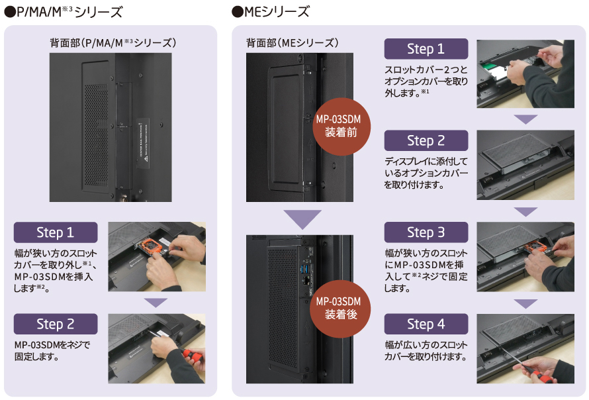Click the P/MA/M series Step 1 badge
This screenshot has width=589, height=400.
pyautogui.click(x=56, y=232)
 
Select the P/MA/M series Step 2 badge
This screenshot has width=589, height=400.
pyautogui.click(x=56, y=324)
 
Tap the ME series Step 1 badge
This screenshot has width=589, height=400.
pyautogui.click(x=426, y=49)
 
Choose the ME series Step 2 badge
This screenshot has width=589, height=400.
pyautogui.click(x=426, y=140)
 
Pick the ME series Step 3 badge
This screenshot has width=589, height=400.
pyautogui.click(x=426, y=232)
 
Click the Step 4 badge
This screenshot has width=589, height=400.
pyautogui.click(x=426, y=324)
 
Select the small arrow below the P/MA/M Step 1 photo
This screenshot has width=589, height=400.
pyautogui.click(x=156, y=302)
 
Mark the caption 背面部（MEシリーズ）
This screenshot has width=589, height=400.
pyautogui.click(x=293, y=43)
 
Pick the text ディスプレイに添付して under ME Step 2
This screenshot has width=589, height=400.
pyautogui.click(x=426, y=161)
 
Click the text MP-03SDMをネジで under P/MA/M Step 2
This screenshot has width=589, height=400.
pyautogui.click(x=51, y=345)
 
